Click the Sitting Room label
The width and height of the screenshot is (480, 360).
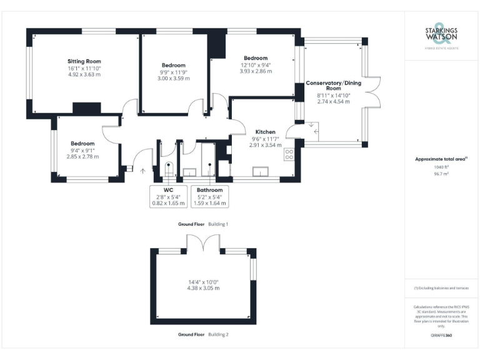84,61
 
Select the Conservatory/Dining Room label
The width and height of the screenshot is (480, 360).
333,86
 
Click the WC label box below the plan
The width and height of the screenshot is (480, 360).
167,189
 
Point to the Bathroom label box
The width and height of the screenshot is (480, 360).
209,189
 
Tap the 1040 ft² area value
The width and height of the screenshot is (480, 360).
441,167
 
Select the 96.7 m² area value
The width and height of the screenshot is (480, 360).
441,174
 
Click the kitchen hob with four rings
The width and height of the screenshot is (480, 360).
289,154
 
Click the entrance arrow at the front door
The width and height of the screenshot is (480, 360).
142,169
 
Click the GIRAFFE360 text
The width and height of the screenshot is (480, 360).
441,336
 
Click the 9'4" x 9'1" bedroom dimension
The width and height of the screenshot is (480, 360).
82,150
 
